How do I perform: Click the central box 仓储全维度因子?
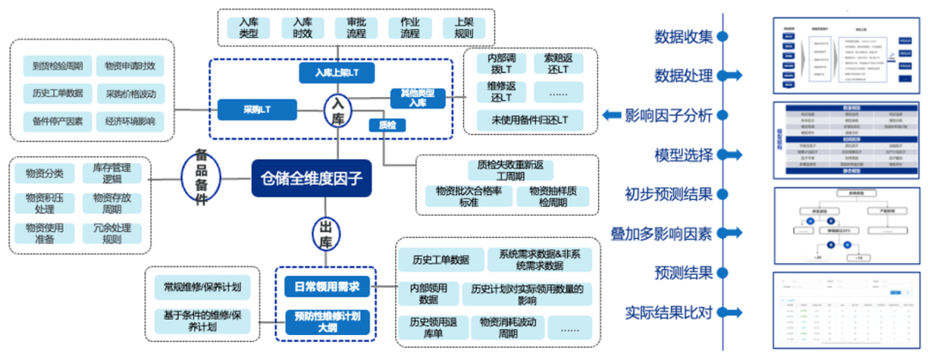point(313,180)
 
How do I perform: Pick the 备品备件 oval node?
point(199,178)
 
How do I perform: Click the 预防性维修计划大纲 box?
point(326,321)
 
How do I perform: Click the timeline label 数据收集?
point(683,37)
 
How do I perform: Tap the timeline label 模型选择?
point(683,156)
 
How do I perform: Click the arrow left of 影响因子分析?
point(612,116)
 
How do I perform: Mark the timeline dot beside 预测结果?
point(723,273)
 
